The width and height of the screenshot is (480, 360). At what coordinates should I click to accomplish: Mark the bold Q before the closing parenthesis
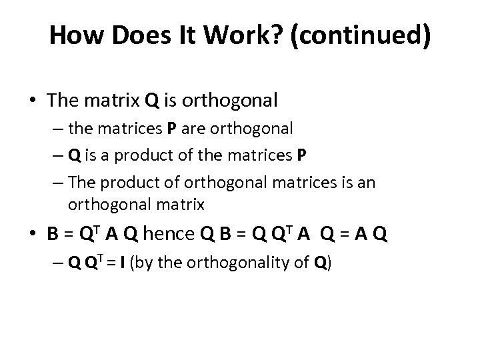(x=323, y=263)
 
